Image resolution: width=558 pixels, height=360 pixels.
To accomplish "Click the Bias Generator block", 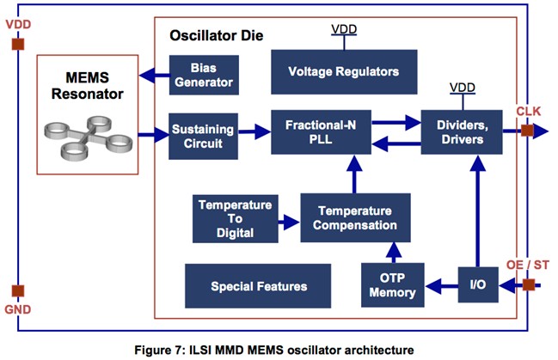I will coord(203,75).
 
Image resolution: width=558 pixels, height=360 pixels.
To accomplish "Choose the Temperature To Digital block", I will coord(235,219).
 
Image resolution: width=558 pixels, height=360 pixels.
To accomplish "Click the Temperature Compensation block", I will coord(355,218).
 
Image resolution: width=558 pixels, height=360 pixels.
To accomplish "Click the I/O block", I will coord(477,284).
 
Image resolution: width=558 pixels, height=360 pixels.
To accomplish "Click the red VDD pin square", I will coord(17,42).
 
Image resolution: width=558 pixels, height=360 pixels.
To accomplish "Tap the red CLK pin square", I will coord(527,132).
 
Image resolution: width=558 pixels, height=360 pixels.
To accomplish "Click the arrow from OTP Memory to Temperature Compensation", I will coord(393,252).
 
